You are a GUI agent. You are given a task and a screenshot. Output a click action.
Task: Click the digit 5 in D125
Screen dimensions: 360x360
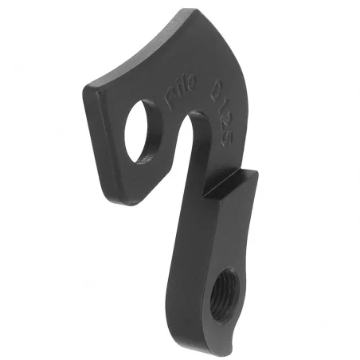pos(225,127)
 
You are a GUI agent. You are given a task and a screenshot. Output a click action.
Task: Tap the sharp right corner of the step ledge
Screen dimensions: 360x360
pos(256,170)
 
